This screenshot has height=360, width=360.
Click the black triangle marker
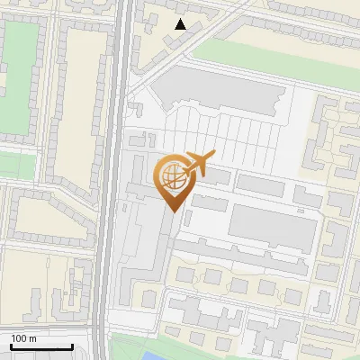(x=181, y=24)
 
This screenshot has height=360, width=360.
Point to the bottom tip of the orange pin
(x=173, y=212)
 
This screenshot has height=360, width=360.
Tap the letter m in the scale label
(x=33, y=338)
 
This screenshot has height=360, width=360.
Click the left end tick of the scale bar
(x=11, y=346)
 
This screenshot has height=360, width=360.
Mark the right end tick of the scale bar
(x=72, y=346)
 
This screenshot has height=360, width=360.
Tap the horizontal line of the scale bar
(x=41, y=346)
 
